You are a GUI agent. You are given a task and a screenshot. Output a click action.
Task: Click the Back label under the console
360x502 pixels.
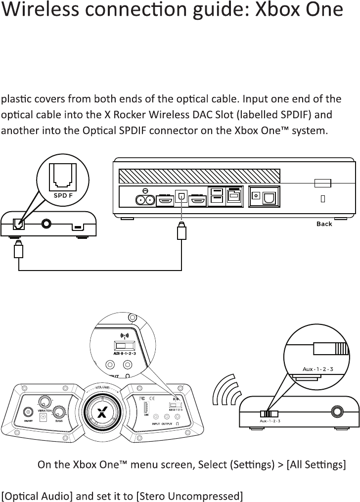click(324, 224)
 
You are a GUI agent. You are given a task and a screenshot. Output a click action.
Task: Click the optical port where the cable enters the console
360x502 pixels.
click(181, 197)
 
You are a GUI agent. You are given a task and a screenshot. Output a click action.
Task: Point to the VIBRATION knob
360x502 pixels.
click(45, 401)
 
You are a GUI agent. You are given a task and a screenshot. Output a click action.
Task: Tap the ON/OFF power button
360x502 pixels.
click(29, 411)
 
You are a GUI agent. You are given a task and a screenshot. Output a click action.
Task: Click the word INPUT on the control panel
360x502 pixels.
click(155, 424)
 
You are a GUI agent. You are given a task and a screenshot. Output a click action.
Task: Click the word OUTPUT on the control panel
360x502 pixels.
click(169, 424)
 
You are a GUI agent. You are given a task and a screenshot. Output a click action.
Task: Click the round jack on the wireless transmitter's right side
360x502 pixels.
click(337, 411)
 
